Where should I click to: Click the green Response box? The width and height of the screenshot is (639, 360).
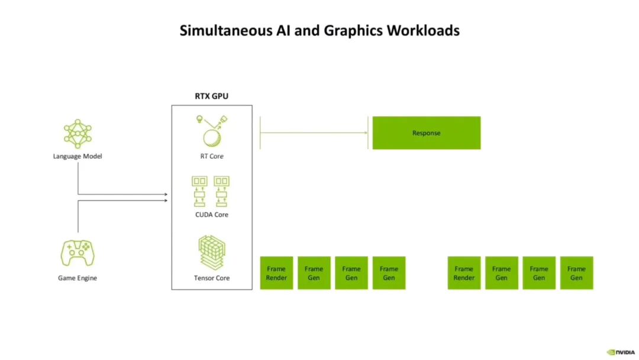[x=426, y=133]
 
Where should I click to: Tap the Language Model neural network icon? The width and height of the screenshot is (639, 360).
[x=78, y=133]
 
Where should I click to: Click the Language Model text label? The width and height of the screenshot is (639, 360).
[x=78, y=156]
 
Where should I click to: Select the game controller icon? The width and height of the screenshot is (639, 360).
[x=78, y=253]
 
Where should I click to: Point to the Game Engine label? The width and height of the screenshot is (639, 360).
[x=78, y=278]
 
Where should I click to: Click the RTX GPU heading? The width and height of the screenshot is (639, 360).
[x=211, y=96]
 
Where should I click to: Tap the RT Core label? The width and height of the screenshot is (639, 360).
[x=212, y=156]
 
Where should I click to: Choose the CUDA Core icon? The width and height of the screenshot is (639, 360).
[x=211, y=191]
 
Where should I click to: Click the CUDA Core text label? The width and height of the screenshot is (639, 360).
[x=212, y=214]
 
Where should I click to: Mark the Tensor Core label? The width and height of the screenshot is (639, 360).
[x=212, y=278]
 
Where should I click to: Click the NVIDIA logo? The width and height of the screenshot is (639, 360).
[x=621, y=352]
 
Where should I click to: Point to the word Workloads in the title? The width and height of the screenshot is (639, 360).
[x=423, y=30]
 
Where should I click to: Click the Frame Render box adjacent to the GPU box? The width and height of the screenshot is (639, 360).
[x=276, y=273]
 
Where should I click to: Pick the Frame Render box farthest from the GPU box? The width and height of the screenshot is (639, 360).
[x=464, y=273]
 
